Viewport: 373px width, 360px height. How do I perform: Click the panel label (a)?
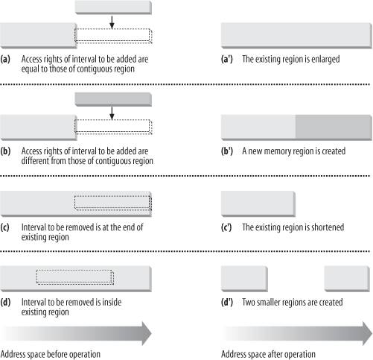click(5, 60)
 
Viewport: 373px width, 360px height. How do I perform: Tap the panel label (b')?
click(227, 151)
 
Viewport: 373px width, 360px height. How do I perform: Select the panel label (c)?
click(5, 227)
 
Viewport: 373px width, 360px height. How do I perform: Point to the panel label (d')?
click(227, 303)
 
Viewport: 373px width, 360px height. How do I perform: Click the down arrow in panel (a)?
click(112, 22)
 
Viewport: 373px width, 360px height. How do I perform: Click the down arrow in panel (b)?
click(112, 113)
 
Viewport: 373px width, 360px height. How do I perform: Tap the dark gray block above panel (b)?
click(113, 99)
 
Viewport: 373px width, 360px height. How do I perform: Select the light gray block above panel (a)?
click(113, 7)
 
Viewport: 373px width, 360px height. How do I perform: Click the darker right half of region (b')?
click(334, 127)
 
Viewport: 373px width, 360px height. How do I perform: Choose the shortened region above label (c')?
click(258, 203)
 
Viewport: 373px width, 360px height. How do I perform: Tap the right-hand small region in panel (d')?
click(347, 279)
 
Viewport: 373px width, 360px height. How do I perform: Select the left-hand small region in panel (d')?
click(244, 279)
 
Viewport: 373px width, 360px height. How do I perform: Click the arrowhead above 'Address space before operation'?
click(147, 333)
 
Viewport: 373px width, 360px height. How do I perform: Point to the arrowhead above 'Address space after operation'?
click(367, 333)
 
